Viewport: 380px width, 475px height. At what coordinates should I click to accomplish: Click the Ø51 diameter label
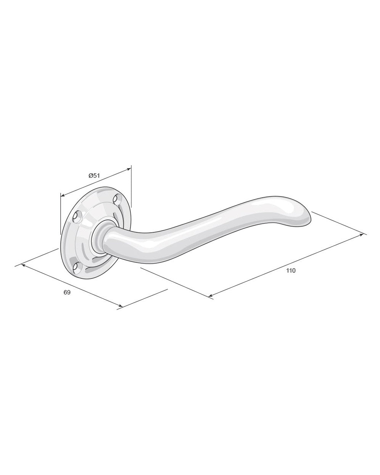click(94, 176)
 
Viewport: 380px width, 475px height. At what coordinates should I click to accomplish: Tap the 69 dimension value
click(67, 292)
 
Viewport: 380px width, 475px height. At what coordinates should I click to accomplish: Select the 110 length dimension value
click(291, 271)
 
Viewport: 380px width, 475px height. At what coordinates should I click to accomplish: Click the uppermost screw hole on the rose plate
click(117, 199)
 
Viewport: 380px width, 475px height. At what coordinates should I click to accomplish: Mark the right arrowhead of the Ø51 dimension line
click(129, 169)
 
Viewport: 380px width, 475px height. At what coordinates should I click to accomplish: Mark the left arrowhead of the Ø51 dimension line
click(63, 195)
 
